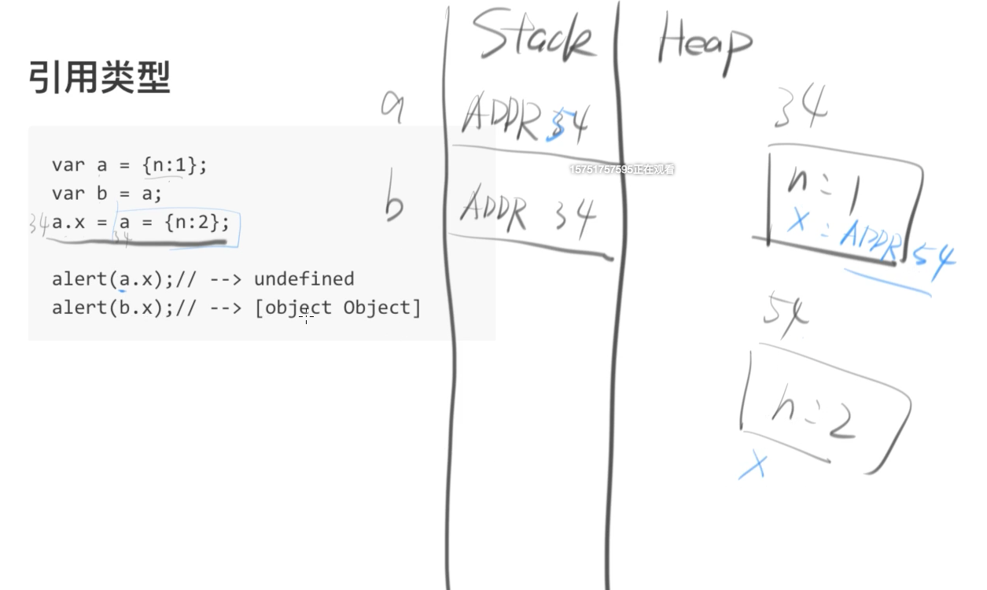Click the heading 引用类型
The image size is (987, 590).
pos(99,77)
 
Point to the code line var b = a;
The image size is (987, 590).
pos(106,194)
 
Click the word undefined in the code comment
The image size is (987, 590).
pos(304,278)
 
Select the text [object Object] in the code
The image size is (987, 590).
pos(337,307)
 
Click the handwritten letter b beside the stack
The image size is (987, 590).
pos(395,203)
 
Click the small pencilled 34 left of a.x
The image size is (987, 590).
pos(39,223)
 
